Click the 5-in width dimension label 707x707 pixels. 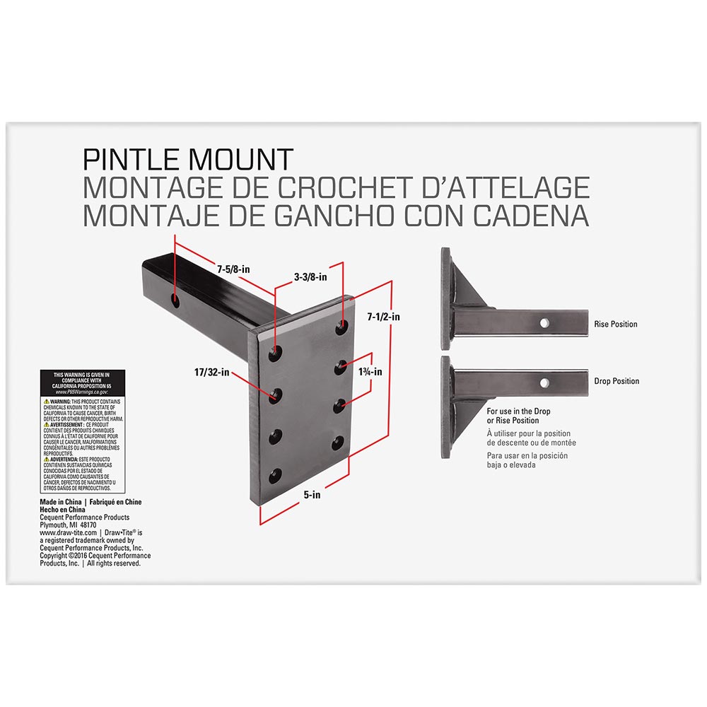pos(312,496)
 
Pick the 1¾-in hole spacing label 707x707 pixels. pos(370,372)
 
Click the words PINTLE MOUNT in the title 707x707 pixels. pos(188,159)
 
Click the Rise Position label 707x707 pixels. pos(615,325)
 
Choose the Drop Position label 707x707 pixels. pos(616,381)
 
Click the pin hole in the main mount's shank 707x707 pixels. pos(175,302)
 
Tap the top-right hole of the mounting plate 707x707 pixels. pos(342,327)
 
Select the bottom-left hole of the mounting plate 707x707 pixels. pos(274,474)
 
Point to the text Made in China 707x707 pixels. pos(60,502)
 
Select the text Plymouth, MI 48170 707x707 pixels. pos(68,525)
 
